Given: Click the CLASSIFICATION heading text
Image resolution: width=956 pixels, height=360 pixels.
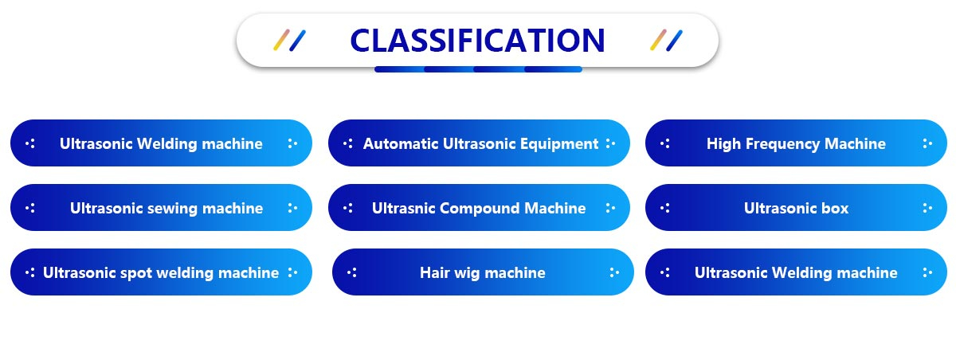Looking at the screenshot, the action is (x=477, y=41).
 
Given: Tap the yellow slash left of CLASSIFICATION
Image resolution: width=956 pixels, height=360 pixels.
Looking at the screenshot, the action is (x=282, y=40).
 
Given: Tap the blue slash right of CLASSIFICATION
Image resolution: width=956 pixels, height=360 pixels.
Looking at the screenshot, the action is (x=674, y=41).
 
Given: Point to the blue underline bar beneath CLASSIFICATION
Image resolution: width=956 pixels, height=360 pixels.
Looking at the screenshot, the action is (x=478, y=69).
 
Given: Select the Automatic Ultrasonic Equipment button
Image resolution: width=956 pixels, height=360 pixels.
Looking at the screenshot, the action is (x=479, y=143).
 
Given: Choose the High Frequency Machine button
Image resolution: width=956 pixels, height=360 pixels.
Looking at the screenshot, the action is (x=796, y=143).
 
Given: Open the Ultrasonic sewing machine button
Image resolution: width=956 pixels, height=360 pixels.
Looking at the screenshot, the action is (x=161, y=208).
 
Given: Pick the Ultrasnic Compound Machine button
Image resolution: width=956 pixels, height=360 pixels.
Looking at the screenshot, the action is (x=479, y=208).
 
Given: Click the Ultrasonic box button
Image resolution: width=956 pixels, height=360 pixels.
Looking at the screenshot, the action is (x=796, y=208).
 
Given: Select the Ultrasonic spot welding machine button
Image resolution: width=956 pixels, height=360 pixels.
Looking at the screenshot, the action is (x=161, y=272).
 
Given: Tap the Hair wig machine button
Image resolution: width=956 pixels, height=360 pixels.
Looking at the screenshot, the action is (x=483, y=272).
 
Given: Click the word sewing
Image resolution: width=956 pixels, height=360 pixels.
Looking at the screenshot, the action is (x=172, y=209).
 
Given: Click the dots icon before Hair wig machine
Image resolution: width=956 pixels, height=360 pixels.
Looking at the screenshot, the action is (x=352, y=272).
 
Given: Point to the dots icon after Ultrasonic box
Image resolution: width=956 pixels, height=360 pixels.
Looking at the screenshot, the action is (x=927, y=208).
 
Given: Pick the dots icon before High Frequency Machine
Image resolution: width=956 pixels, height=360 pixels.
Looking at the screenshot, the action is (x=665, y=143).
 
